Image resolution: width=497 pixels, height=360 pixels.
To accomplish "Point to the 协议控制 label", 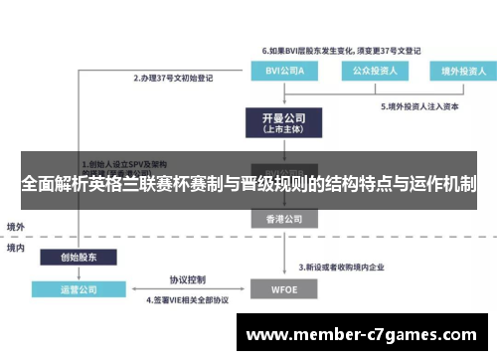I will [x=187, y=279].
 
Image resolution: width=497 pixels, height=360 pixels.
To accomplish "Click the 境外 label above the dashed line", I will [x=16, y=226].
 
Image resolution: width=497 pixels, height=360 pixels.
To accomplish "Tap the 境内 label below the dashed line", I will [x=16, y=248].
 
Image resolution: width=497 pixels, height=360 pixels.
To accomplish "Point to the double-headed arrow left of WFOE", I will [x=187, y=290].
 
